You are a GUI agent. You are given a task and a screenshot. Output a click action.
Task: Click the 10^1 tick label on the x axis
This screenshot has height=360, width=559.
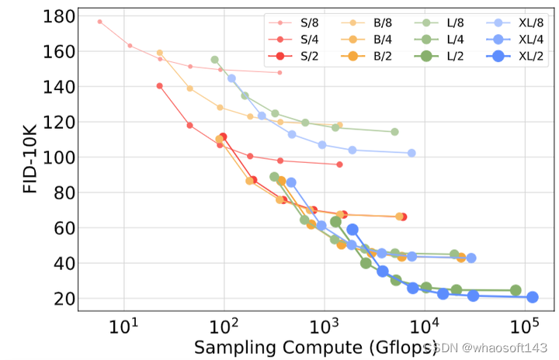click(123, 327)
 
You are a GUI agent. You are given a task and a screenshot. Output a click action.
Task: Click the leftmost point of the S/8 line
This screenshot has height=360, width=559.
click(100, 22)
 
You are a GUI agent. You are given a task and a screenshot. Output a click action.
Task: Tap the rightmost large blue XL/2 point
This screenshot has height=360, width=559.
click(533, 297)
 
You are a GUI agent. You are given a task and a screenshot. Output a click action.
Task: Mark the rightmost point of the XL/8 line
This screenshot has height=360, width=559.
click(411, 153)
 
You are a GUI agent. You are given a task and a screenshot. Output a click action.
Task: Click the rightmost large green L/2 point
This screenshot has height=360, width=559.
click(516, 290)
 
